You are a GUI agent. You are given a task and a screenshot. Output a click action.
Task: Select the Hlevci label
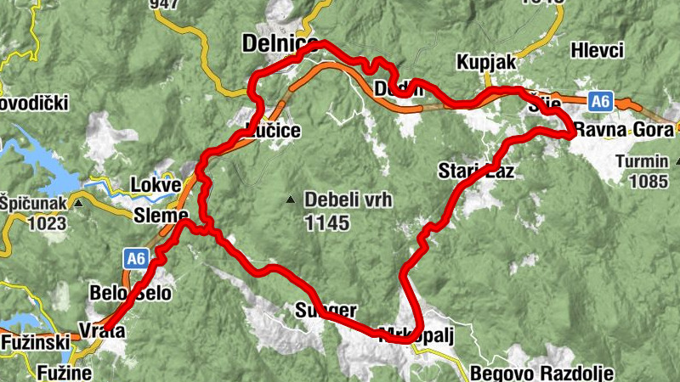(598, 48)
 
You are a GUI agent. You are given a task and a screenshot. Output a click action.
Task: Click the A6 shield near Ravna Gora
(601, 102)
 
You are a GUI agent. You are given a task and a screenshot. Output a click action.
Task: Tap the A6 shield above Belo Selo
(137, 256)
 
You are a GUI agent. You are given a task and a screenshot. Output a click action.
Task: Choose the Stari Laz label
(476, 171)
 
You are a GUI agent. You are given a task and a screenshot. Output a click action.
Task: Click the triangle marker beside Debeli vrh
(291, 200)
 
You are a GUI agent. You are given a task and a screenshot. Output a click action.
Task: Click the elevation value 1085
(649, 180)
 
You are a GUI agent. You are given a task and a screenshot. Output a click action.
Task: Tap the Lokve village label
(156, 185)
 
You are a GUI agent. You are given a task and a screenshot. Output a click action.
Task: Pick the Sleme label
(160, 216)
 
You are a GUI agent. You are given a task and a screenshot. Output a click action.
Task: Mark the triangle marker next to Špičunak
(78, 204)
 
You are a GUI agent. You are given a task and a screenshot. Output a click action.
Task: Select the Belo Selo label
(130, 295)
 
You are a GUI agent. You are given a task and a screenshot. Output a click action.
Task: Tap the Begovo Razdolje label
(541, 372)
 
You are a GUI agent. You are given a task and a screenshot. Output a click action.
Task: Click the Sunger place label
(326, 310)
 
